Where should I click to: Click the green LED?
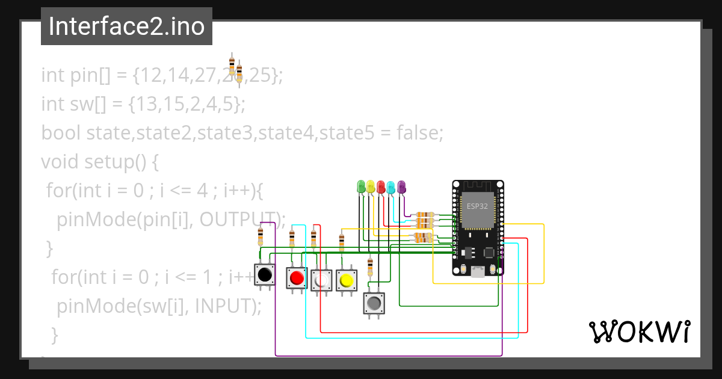[x=361, y=186]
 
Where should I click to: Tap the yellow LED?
[x=371, y=186]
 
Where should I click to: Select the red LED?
[x=381, y=186]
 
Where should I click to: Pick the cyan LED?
[x=391, y=186]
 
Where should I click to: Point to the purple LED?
[x=401, y=186]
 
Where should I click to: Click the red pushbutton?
[x=297, y=279]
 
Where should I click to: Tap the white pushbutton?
[x=321, y=280]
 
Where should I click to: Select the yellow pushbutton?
[x=346, y=280]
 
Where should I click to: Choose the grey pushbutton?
[x=374, y=303]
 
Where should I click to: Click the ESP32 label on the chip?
[x=478, y=206]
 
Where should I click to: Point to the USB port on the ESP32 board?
[x=478, y=271]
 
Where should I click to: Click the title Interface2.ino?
[x=126, y=26]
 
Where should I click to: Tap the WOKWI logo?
[x=638, y=331]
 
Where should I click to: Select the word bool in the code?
[x=61, y=133]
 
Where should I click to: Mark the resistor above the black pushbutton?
[x=261, y=236]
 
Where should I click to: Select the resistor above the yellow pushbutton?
[x=342, y=242]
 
